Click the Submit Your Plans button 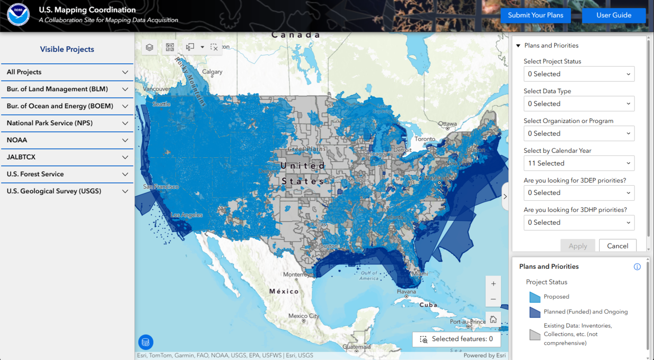click(536, 15)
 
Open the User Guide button click(613, 15)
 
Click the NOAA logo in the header click(18, 15)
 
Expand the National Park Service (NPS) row click(67, 123)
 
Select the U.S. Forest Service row click(67, 174)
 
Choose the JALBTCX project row click(67, 157)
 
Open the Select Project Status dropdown click(579, 74)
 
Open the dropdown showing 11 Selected click(579, 163)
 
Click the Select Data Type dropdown click(579, 104)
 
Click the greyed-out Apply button click(578, 246)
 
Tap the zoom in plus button click(493, 284)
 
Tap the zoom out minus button click(493, 299)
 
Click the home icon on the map click(493, 320)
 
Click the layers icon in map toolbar click(149, 48)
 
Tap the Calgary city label click(212, 72)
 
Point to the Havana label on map click(406, 291)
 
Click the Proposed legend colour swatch click(535, 297)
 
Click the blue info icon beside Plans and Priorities click(637, 267)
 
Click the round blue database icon click(146, 342)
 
